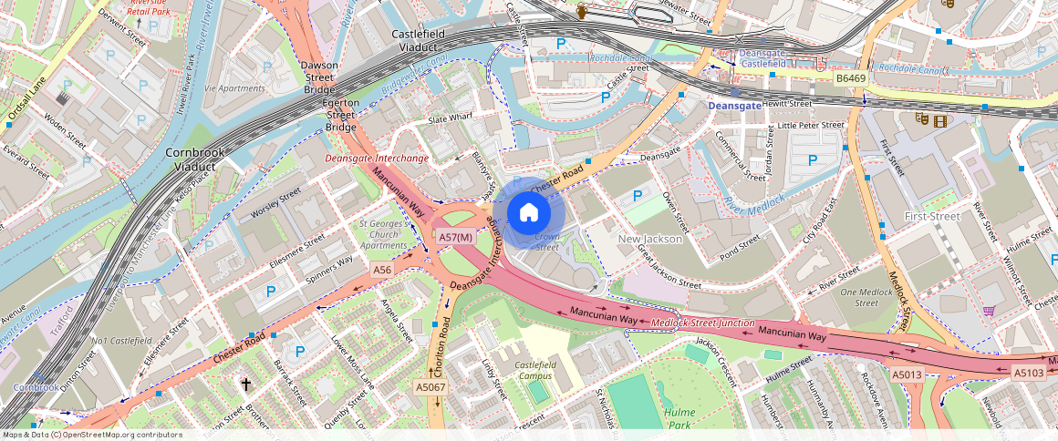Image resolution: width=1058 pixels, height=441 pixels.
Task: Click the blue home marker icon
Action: click(528, 212)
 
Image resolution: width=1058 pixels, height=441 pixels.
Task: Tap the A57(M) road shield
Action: click(455, 237)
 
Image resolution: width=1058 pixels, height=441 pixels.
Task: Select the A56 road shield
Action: click(382, 271)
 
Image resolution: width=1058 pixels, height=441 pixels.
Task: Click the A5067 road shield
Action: click(430, 387)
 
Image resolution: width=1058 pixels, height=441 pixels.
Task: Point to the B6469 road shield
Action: click(850, 79)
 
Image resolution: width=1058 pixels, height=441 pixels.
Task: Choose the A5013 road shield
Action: click(907, 374)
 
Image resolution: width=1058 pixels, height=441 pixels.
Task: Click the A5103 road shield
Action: click(1029, 372)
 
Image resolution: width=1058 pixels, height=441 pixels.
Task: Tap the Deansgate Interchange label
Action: click(377, 159)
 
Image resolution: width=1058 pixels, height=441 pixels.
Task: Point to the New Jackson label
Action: click(650, 239)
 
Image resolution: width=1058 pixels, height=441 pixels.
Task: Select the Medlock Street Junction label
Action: click(703, 323)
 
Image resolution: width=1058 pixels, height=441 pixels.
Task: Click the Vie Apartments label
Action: click(234, 88)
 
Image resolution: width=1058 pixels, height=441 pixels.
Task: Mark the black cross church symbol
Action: click(245, 385)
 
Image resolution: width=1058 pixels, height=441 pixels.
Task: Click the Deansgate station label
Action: click(734, 106)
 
